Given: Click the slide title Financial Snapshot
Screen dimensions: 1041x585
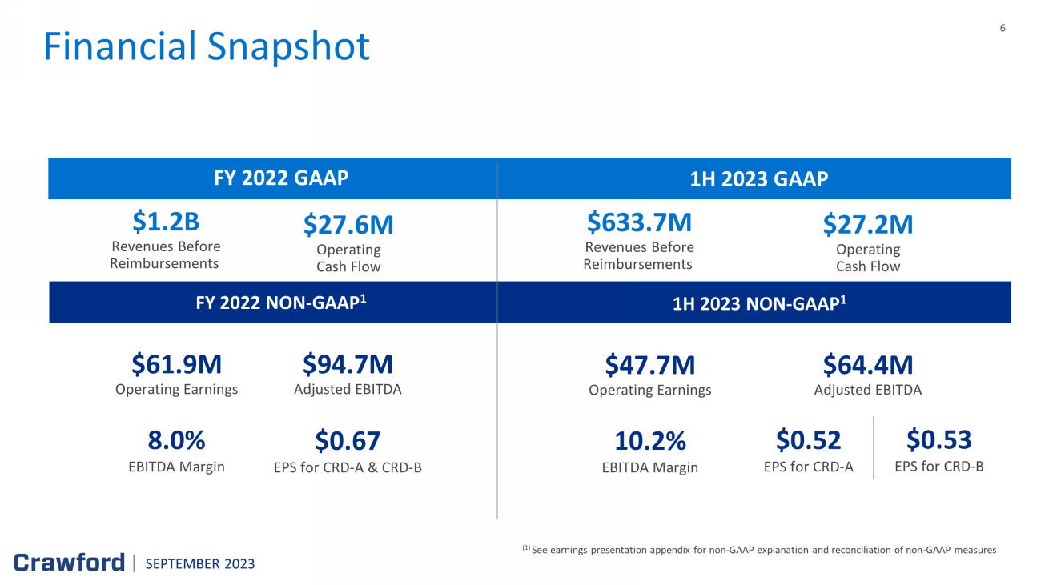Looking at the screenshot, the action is (207, 46).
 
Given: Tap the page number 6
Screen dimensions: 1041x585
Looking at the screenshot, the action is (1003, 28).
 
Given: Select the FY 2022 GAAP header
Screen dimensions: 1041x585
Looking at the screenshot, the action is (281, 178).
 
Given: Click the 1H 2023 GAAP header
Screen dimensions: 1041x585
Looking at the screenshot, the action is (758, 179).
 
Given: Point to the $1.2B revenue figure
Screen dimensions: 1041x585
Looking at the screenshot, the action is (166, 222).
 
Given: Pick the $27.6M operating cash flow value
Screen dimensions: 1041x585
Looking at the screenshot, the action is (348, 225).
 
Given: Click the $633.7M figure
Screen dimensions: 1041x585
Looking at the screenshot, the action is (639, 222).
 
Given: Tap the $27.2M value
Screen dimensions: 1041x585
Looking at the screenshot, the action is (868, 225).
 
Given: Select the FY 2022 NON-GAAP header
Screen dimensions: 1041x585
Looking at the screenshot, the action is (281, 303).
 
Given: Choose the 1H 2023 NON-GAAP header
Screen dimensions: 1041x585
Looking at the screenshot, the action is (759, 303).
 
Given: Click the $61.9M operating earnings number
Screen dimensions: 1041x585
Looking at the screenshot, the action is (177, 364).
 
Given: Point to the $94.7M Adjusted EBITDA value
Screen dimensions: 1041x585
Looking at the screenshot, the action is (348, 364).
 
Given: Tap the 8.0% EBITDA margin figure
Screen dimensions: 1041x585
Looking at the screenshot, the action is (177, 440).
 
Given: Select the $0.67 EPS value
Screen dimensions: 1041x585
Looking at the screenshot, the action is (348, 441).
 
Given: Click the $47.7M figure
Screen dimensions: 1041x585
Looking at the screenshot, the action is (649, 365).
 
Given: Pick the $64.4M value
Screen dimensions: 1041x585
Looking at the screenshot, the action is (868, 365).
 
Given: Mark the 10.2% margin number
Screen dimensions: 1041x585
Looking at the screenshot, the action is (649, 441).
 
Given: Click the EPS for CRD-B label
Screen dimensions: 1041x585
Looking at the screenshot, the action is (939, 466).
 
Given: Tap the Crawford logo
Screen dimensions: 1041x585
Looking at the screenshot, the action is (69, 563).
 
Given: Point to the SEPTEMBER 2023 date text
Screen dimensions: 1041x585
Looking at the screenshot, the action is (200, 563).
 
